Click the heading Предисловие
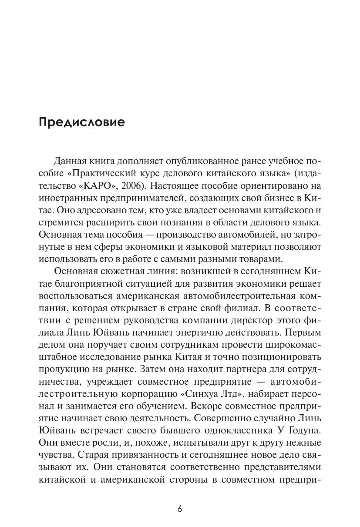pos(81,122)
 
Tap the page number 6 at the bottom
pos(179,509)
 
